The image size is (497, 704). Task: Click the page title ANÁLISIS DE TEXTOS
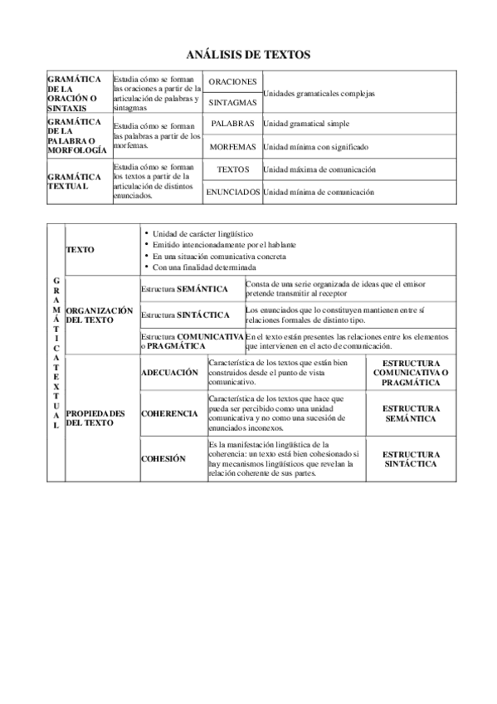248,55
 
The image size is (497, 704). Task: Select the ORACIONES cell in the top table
232,82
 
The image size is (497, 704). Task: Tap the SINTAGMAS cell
232,104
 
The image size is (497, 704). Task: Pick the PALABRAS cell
232,124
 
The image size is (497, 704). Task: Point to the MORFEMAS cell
232,147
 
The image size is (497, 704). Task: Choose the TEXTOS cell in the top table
232,169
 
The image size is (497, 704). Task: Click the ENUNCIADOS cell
232,192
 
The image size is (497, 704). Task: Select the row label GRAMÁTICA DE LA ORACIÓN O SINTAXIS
75,92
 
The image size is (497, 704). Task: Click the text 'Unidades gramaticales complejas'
319,94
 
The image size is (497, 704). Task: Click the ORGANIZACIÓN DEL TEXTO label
99,315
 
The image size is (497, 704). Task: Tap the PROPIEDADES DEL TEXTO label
95,418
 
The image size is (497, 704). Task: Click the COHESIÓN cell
163,458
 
